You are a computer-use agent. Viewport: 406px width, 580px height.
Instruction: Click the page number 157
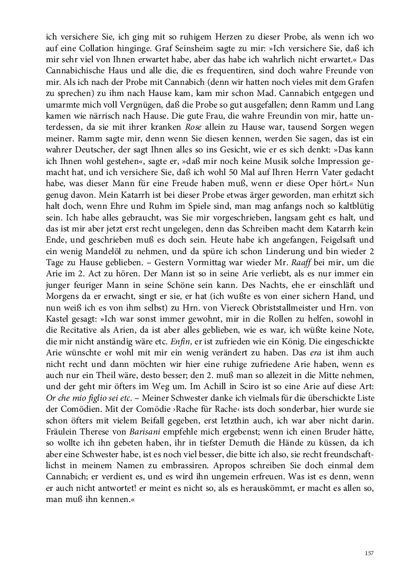pos(369,553)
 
